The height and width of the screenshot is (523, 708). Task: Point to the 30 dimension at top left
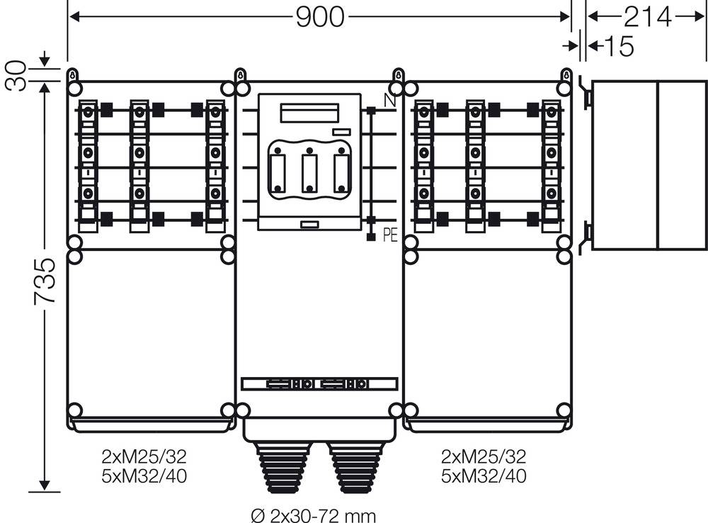[x=16, y=75]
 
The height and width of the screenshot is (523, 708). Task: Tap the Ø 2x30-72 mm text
[x=313, y=514]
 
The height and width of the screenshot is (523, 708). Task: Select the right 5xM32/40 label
[x=484, y=476]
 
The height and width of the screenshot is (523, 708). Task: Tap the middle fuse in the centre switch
[x=308, y=171]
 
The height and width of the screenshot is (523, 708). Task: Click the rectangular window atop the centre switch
[x=309, y=113]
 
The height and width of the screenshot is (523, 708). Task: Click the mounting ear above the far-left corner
[x=74, y=75]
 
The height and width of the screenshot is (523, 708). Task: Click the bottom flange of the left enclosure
[x=152, y=424]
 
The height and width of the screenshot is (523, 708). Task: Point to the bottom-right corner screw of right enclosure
[x=564, y=410]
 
